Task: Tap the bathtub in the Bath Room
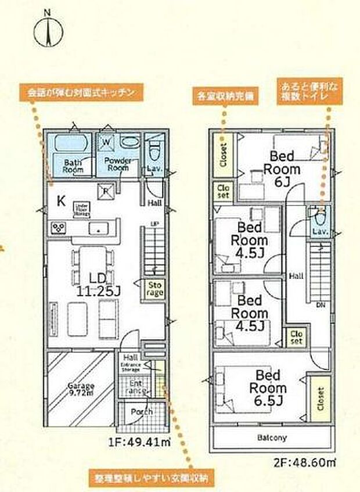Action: tap(69, 142)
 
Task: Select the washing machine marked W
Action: tap(107, 141)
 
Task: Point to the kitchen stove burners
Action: tap(60, 227)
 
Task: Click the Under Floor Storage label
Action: tap(81, 209)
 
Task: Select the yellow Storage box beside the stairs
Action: tap(154, 289)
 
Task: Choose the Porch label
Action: tap(141, 411)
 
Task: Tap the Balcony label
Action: tap(272, 438)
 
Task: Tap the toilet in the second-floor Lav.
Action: tap(319, 221)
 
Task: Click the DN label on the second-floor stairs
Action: tap(320, 304)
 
